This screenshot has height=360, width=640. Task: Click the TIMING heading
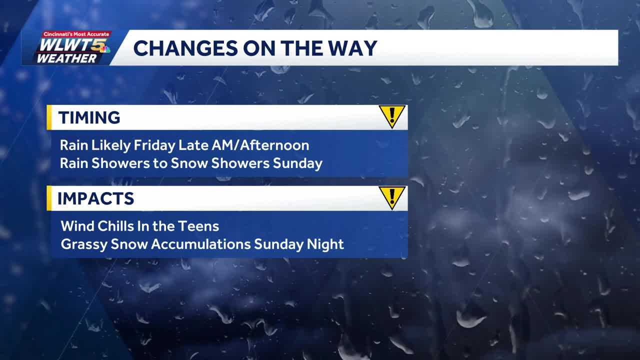tap(89, 117)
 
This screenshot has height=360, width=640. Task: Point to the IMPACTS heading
tap(95, 198)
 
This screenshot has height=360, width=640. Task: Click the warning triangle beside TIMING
tap(391, 116)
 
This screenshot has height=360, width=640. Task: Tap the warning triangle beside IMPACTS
tap(391, 197)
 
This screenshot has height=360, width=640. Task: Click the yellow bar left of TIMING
tap(49, 117)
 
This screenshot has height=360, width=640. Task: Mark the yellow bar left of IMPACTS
tap(49, 198)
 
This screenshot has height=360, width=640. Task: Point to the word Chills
tap(112, 226)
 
